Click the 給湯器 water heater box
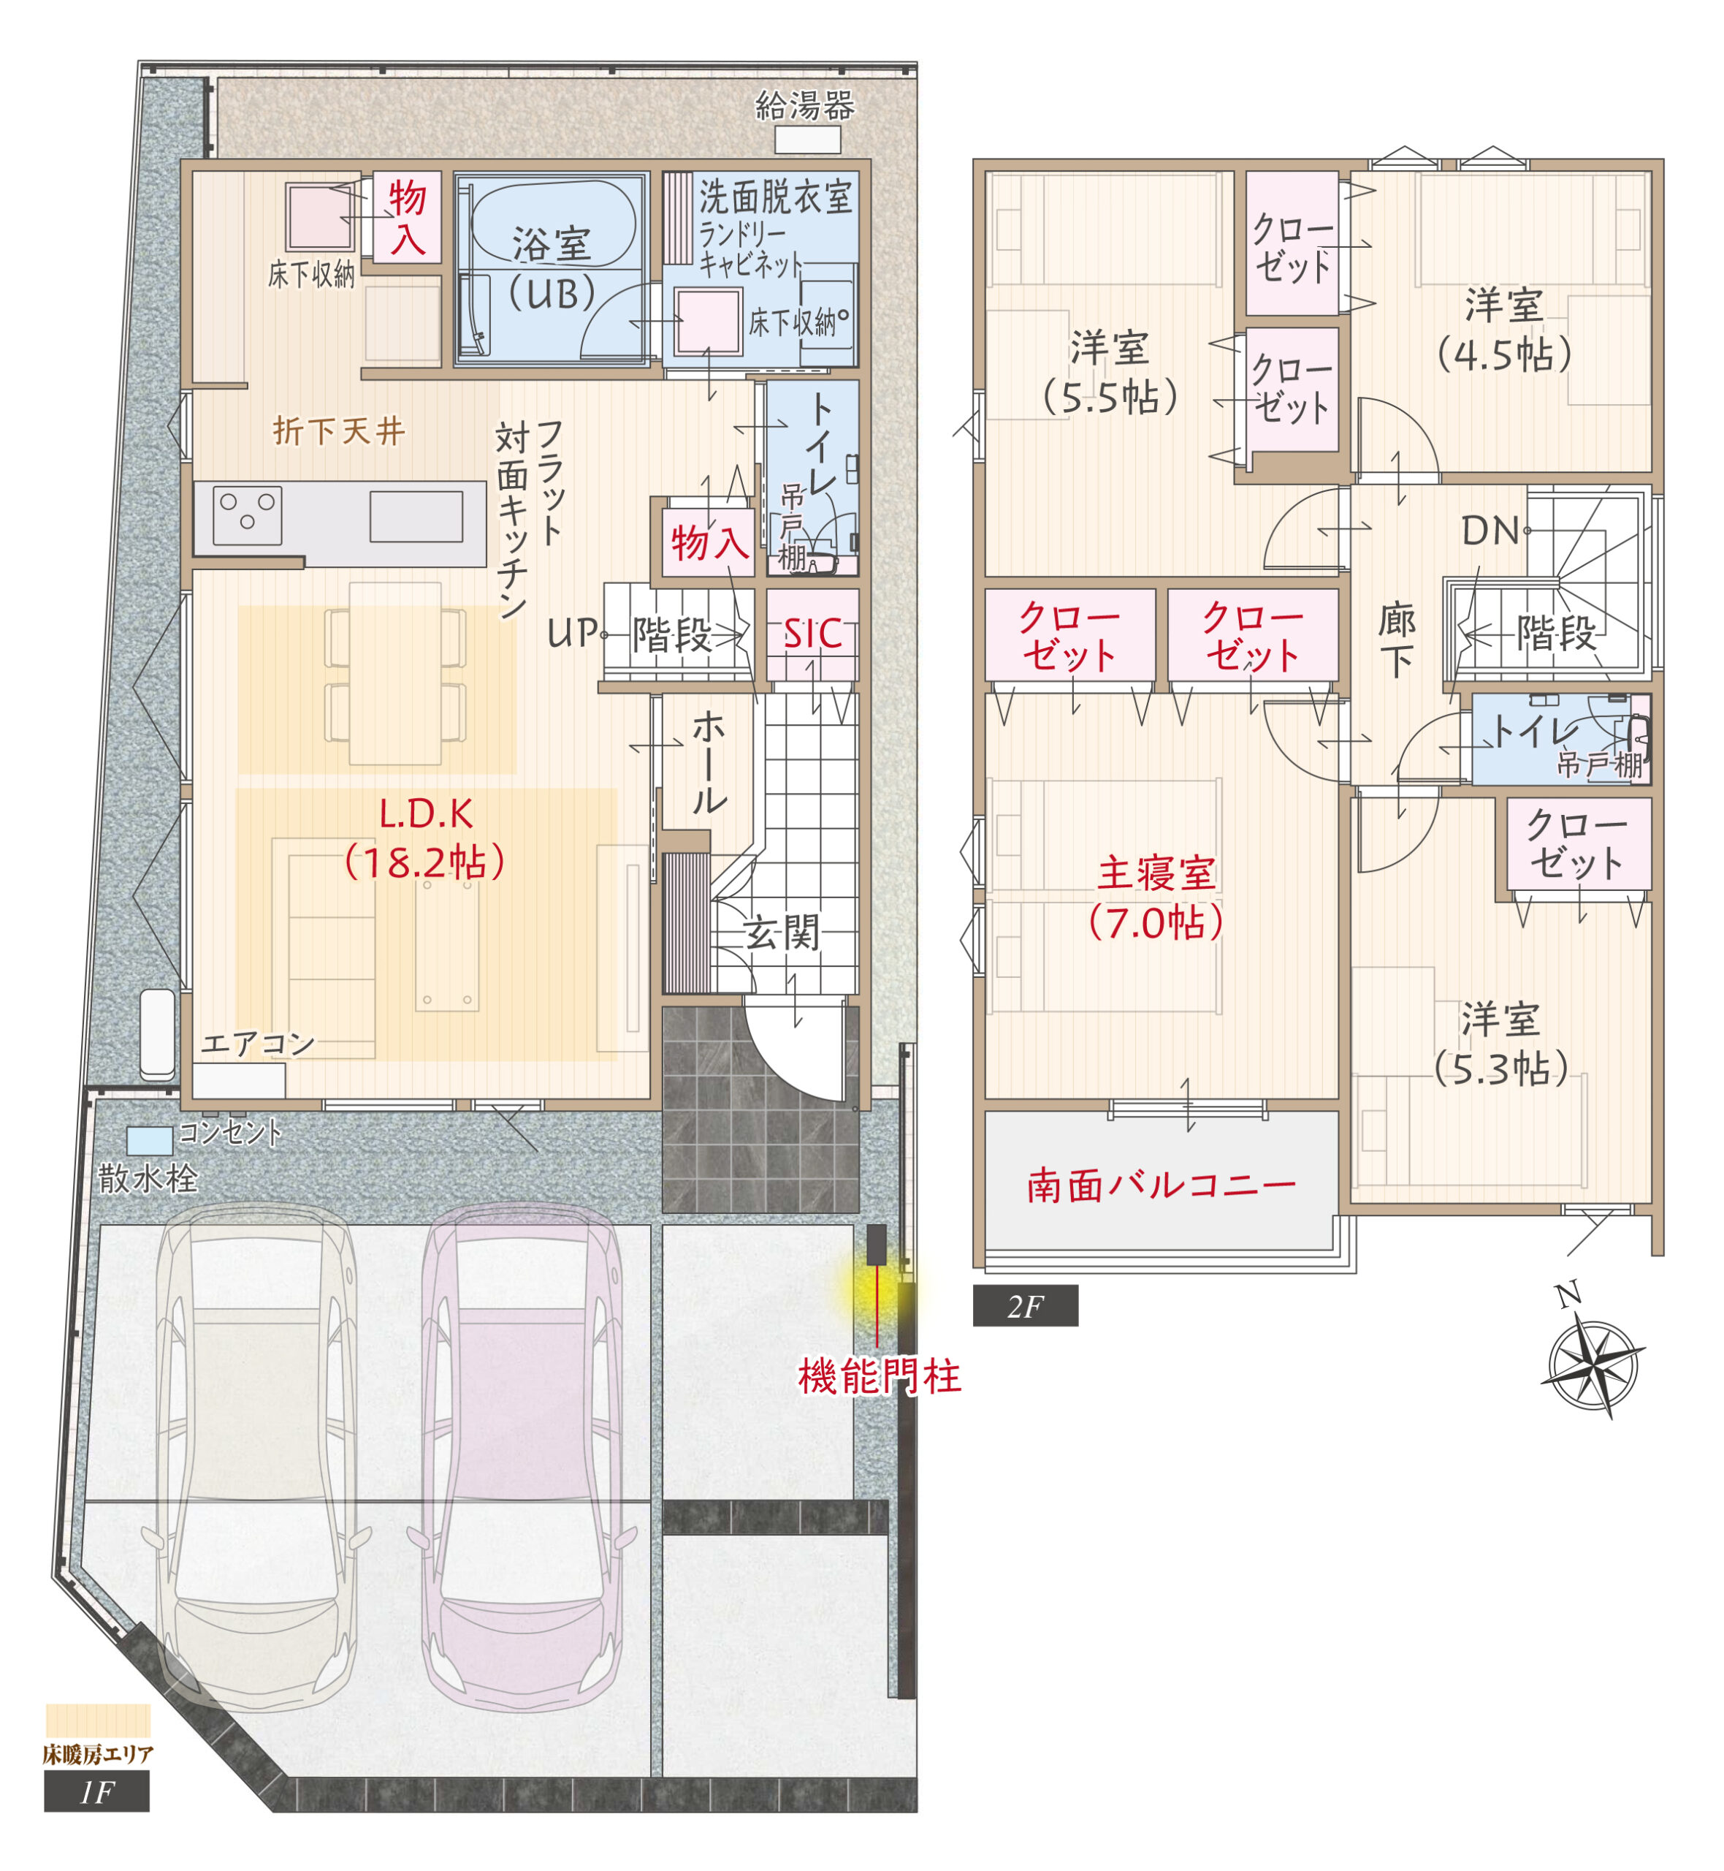807,140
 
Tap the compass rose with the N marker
1594,1365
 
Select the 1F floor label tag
96,1793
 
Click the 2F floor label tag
1025,1307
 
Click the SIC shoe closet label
812,634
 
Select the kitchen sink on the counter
416,517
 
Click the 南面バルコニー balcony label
1162,1186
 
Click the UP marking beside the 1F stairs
571,634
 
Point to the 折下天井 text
339,431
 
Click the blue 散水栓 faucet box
149,1140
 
